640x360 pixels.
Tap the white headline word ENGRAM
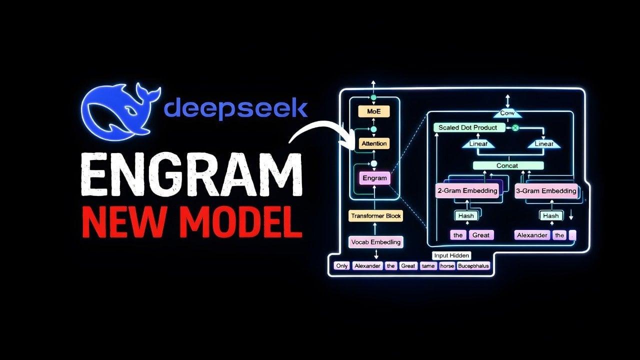tap(191, 174)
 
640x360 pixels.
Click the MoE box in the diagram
tap(373, 111)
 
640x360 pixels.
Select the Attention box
tap(374, 143)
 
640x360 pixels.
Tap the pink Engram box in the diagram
tap(374, 178)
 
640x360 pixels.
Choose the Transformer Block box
tap(375, 216)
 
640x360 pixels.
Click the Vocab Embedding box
tap(375, 242)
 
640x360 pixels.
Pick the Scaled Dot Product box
tap(468, 127)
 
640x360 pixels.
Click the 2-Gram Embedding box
tap(467, 190)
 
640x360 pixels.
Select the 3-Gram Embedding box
tap(546, 190)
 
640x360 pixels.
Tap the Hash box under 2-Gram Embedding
tap(466, 215)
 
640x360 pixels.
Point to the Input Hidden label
tap(451, 255)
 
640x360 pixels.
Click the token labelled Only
tap(342, 266)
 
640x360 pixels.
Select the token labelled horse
tap(447, 266)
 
